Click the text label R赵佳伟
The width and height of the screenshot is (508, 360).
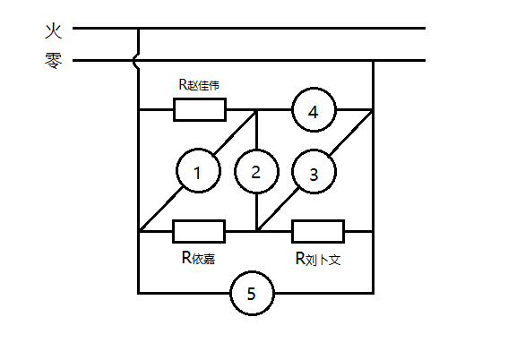click(x=199, y=85)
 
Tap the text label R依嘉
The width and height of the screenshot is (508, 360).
click(x=198, y=258)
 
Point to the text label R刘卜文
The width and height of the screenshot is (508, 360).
click(x=318, y=259)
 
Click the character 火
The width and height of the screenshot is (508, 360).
click(x=53, y=30)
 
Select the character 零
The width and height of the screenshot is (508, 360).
click(x=53, y=60)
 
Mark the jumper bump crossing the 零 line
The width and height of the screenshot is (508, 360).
click(x=135, y=61)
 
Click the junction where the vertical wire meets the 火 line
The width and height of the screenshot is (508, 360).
click(x=139, y=29)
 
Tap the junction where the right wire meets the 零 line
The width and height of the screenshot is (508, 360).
click(x=374, y=61)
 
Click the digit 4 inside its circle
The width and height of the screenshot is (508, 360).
click(x=314, y=112)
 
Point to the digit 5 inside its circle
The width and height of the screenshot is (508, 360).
click(x=252, y=294)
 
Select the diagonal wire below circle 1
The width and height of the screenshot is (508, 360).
click(x=160, y=210)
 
